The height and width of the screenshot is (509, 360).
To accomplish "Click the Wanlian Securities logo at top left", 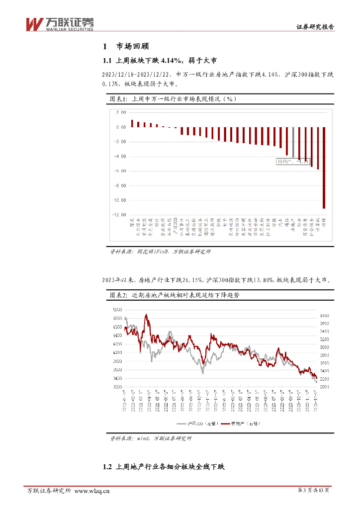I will [x=59, y=23].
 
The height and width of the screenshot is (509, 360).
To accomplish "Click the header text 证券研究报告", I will [x=315, y=27].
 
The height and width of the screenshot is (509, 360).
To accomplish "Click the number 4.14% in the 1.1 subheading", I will [x=173, y=61].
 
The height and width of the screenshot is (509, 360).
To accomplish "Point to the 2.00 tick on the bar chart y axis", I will [x=121, y=112].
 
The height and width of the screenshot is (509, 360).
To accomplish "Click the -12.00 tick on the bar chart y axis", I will [x=119, y=215].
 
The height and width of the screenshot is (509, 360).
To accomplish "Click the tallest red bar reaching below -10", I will [x=324, y=168].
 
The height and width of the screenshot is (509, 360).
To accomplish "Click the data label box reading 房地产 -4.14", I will [x=293, y=161].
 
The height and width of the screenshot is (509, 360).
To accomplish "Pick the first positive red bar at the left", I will [x=132, y=123].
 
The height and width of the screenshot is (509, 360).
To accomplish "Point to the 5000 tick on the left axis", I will [x=117, y=309].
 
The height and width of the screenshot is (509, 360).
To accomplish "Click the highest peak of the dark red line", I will [x=146, y=315].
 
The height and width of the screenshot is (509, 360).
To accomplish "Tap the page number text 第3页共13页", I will [x=313, y=491].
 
